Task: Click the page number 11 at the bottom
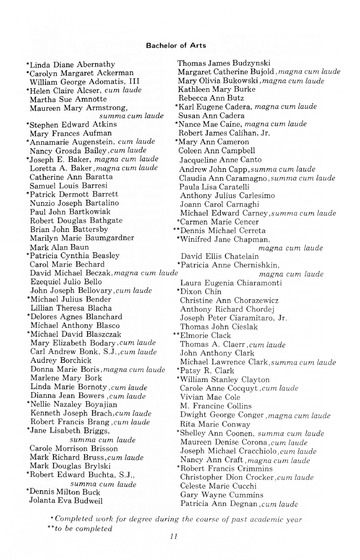pyautogui.click(x=179, y=539)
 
